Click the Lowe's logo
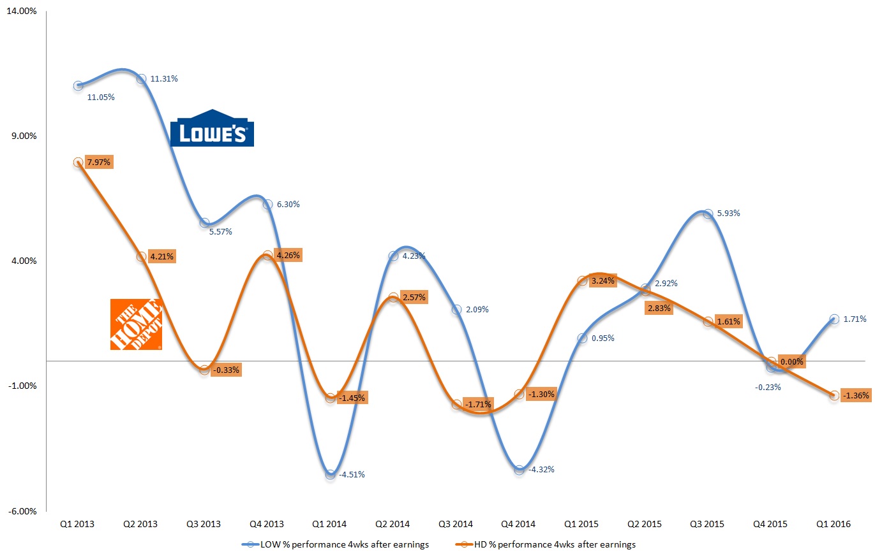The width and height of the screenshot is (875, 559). click(x=212, y=128)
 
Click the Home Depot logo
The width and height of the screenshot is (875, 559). click(x=136, y=324)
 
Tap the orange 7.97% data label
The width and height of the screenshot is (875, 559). click(x=98, y=163)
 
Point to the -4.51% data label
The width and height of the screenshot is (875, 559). click(x=352, y=474)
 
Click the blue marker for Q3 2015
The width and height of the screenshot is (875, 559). click(x=708, y=214)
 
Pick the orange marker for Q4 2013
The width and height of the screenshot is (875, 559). click(x=267, y=256)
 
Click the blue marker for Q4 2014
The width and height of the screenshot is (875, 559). click(x=519, y=470)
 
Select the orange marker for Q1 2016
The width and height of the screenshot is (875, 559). click(x=834, y=396)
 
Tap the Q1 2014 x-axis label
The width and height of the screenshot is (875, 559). click(x=329, y=524)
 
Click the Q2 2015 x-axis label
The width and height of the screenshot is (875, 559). click(x=645, y=524)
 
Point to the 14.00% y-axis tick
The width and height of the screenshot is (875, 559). click(x=22, y=11)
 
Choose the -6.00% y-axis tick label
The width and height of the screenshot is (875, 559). click(x=22, y=511)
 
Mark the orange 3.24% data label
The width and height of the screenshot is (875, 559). click(x=602, y=280)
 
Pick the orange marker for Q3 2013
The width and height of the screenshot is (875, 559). click(x=204, y=370)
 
